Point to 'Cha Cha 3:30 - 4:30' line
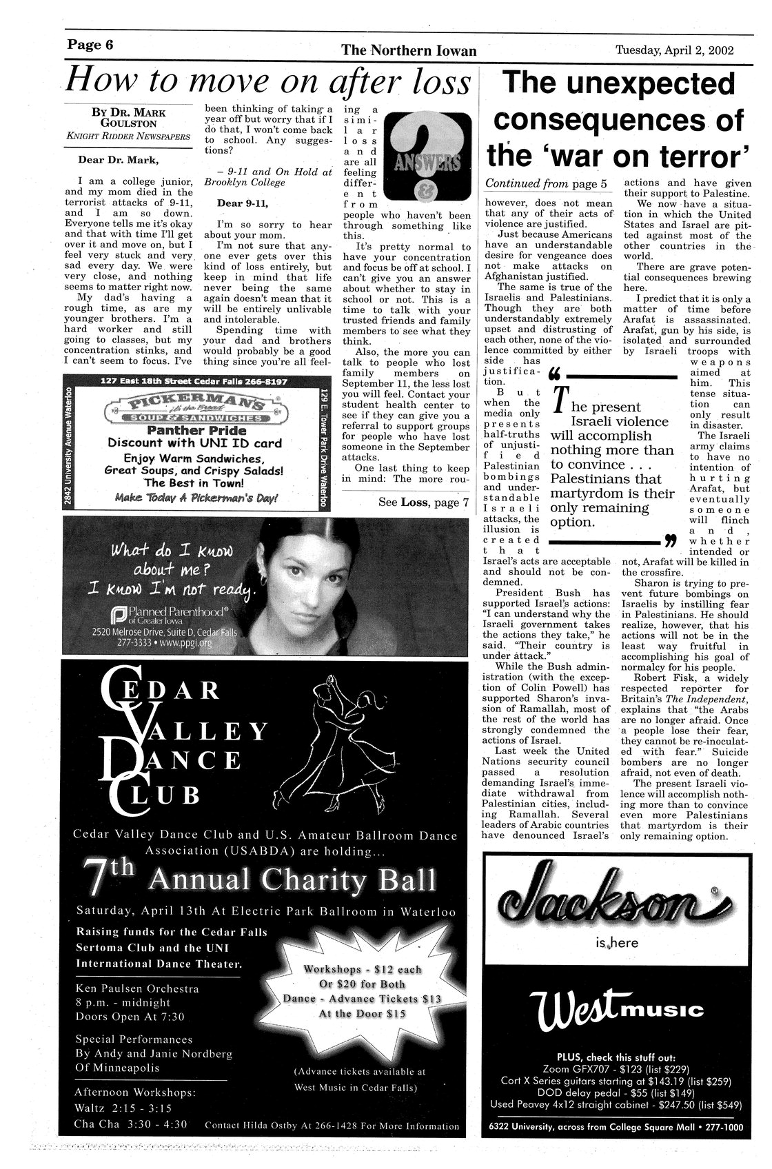tap(131, 1124)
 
